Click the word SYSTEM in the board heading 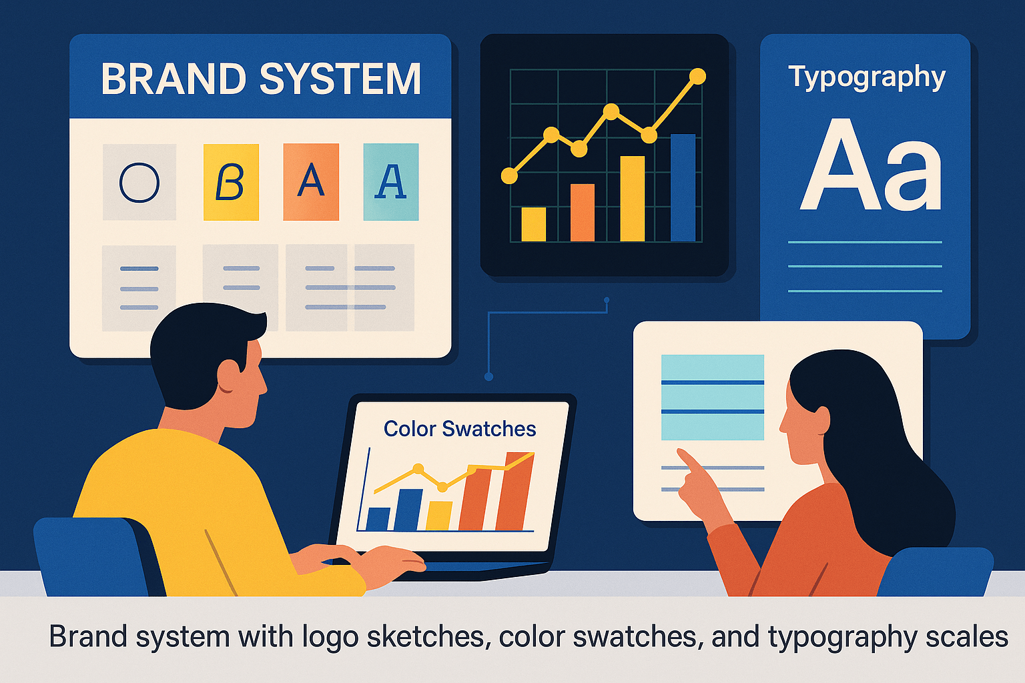[x=340, y=79]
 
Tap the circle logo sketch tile [x=139, y=182]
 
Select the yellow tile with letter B [x=231, y=182]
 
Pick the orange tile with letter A [x=311, y=182]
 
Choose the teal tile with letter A [x=391, y=182]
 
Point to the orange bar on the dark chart [x=582, y=213]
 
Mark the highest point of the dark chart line [x=697, y=77]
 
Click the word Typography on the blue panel [x=867, y=78]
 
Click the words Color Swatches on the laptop [x=460, y=429]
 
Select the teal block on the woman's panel [x=712, y=398]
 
